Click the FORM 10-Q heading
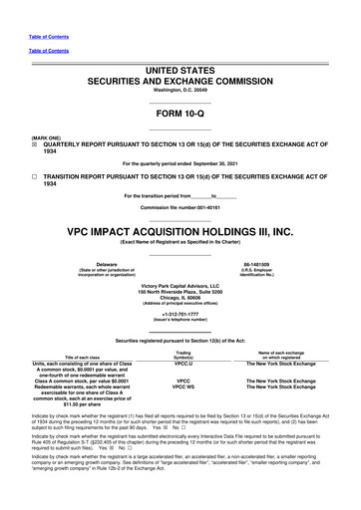(180, 114)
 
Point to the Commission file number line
(180, 205)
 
